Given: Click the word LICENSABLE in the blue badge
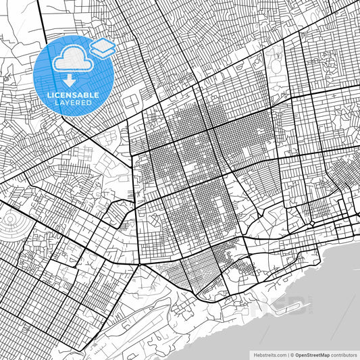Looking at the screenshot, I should [73, 95].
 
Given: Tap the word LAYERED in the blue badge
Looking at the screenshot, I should [73, 103].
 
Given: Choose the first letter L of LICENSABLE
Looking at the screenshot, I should [49, 95].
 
